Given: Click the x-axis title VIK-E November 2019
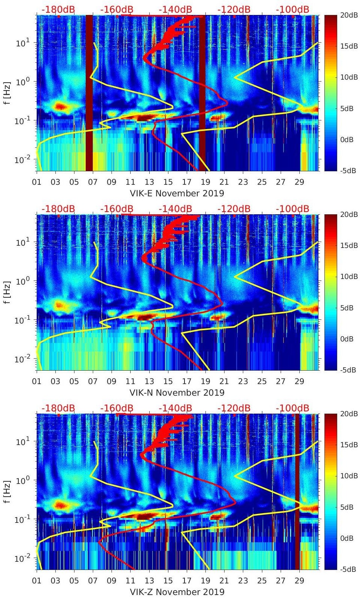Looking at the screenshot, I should coord(177,193).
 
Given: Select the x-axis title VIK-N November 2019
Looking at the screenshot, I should coord(177,393).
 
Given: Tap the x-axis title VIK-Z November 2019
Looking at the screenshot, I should coord(177,592).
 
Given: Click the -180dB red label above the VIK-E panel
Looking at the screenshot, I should coord(58,9).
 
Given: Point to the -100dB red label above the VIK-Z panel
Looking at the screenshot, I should coord(292,408).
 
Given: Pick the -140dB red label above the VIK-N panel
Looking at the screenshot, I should coord(175,209).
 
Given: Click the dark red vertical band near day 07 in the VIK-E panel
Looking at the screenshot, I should coord(89,93).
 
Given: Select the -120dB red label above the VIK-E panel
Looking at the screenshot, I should coord(234,9).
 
